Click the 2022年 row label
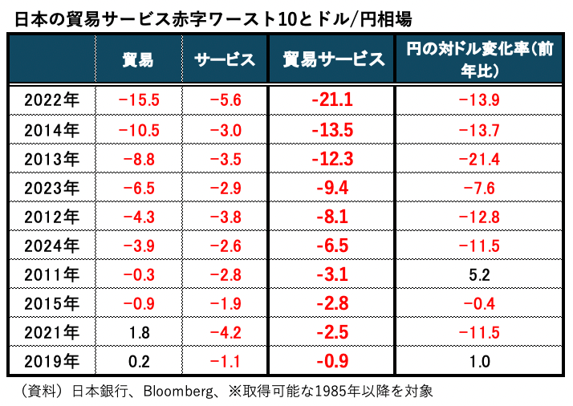tap(51, 100)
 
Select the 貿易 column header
tap(138, 59)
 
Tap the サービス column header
tap(224, 59)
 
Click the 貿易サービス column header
tap(332, 59)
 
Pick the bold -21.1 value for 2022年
tap(332, 100)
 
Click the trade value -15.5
tap(138, 100)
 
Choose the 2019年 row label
tap(51, 362)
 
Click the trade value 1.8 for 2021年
tap(140, 333)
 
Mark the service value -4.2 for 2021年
tap(225, 333)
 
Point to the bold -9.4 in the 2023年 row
tap(332, 188)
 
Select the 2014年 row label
tap(51, 130)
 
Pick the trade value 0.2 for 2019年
tap(140, 362)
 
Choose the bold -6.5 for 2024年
tap(332, 246)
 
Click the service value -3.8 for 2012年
tap(225, 217)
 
